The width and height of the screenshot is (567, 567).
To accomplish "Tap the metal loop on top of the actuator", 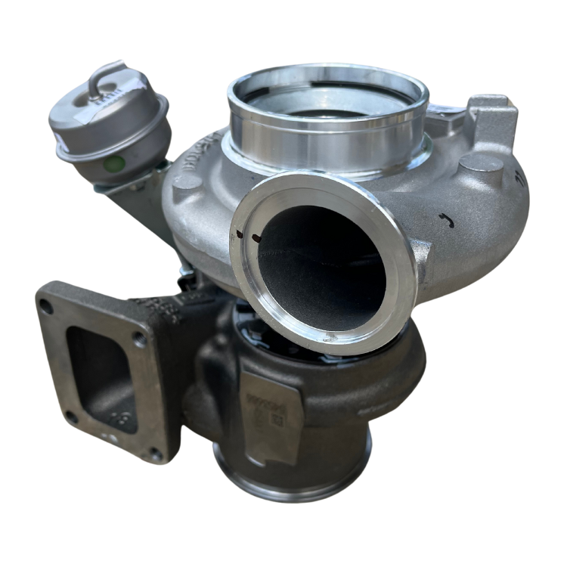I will pos(104,79).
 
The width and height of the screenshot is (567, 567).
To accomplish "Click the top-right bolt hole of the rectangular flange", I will pos(138,338).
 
